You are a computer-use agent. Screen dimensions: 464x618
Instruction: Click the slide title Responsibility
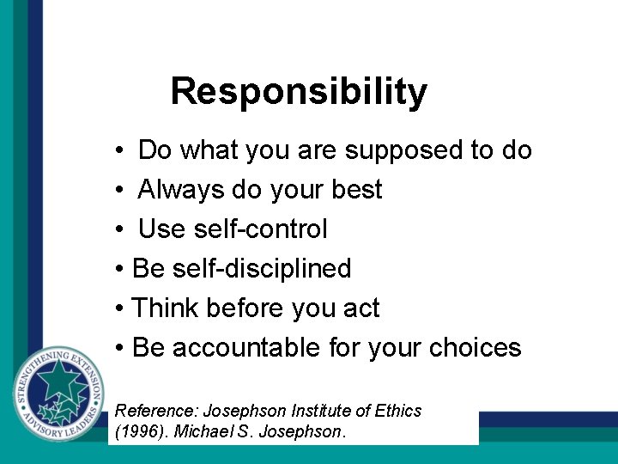click(x=299, y=91)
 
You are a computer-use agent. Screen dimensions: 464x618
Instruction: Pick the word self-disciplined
click(x=261, y=268)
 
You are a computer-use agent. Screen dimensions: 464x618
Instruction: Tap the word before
click(x=253, y=308)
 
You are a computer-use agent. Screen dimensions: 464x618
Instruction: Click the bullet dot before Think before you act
click(x=119, y=308)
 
